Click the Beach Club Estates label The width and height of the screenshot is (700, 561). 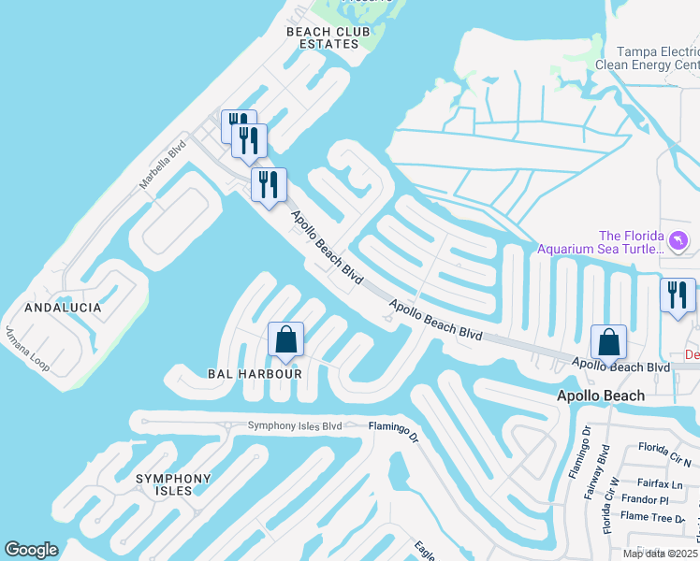[322, 37]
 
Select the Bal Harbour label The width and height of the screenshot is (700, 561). [255, 374]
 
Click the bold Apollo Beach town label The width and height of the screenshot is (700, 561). [600, 396]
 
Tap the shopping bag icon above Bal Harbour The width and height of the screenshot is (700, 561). [286, 339]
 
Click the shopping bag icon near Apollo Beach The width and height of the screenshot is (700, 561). [608, 341]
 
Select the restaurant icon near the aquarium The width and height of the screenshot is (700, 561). [678, 295]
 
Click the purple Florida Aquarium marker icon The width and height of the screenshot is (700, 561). [678, 242]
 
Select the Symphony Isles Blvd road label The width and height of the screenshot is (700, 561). [295, 426]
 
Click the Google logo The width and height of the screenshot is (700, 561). [32, 550]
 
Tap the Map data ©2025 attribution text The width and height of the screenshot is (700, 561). [660, 554]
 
